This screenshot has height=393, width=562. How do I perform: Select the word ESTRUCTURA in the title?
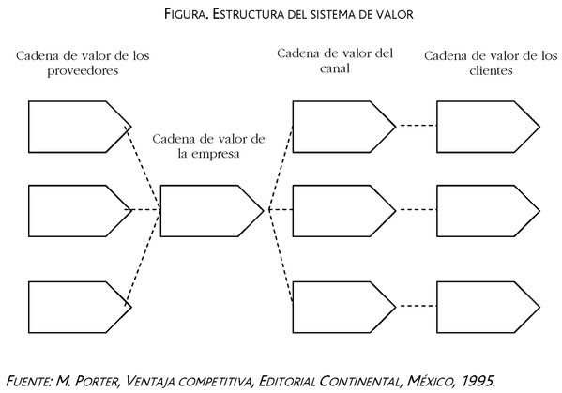coord(249,14)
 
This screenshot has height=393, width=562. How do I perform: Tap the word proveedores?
coord(83,71)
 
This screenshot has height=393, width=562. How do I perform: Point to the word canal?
coord(335,68)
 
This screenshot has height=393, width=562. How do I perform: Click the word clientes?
coord(491,70)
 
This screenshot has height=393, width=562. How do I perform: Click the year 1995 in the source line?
coord(478,381)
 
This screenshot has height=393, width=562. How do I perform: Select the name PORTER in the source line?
coord(98,381)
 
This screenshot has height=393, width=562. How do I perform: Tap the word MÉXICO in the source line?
coord(430,380)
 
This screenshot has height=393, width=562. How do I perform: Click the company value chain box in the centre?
coord(212,211)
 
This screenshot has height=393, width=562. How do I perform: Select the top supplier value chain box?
coord(80,127)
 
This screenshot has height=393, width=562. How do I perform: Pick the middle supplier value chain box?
coord(80,211)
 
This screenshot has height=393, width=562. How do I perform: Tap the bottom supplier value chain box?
coord(80,307)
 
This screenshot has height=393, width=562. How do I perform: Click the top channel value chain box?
coord(344,127)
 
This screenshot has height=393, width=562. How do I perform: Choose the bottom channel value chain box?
coord(344,307)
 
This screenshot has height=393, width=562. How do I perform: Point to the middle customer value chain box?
coord(488,211)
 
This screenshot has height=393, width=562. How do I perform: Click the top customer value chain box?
coord(488,127)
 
